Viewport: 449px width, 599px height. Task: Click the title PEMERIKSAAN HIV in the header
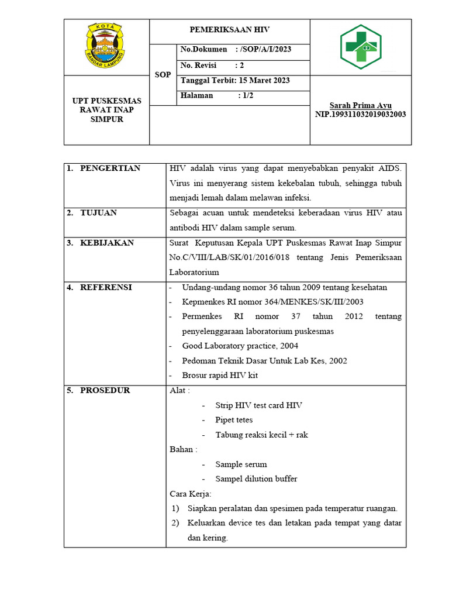coord(229,29)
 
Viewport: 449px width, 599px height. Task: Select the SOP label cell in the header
coord(163,75)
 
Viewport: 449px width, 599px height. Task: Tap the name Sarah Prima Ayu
coord(360,105)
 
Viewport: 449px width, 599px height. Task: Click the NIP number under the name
coord(360,114)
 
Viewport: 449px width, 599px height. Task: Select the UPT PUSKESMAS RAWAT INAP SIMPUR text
coord(106,110)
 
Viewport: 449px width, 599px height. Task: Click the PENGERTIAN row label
coord(110,168)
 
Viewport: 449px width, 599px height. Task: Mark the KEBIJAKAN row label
coord(107,243)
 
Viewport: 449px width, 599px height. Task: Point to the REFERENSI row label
coord(106,287)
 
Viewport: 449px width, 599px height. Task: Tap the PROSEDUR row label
coord(105,390)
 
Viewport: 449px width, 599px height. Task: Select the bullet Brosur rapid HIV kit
coord(220,375)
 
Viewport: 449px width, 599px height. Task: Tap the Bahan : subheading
coord(183,449)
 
